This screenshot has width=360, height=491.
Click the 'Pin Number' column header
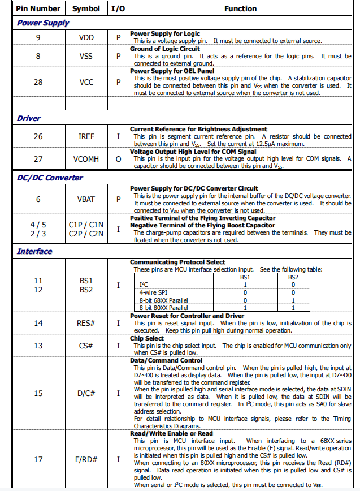click(x=38, y=8)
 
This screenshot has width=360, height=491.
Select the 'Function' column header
click(x=240, y=8)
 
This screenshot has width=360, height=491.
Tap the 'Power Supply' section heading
click(x=43, y=23)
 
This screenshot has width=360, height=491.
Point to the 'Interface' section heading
click(x=34, y=251)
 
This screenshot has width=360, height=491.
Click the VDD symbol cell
click(x=86, y=37)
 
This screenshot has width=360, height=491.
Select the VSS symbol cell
click(x=86, y=56)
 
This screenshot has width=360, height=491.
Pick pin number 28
click(x=38, y=82)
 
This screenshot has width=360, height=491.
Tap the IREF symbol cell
click(x=86, y=136)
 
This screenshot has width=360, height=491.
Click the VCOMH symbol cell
click(x=86, y=159)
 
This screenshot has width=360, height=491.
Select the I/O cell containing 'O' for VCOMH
click(x=118, y=159)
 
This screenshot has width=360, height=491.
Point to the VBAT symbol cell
click(x=86, y=199)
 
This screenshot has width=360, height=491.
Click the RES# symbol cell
click(x=86, y=323)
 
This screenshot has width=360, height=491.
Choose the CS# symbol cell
click(x=86, y=345)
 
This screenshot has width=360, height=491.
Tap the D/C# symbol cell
click(x=86, y=393)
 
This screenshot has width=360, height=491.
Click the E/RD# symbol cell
click(x=86, y=459)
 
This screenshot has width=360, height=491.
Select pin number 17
click(x=38, y=459)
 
